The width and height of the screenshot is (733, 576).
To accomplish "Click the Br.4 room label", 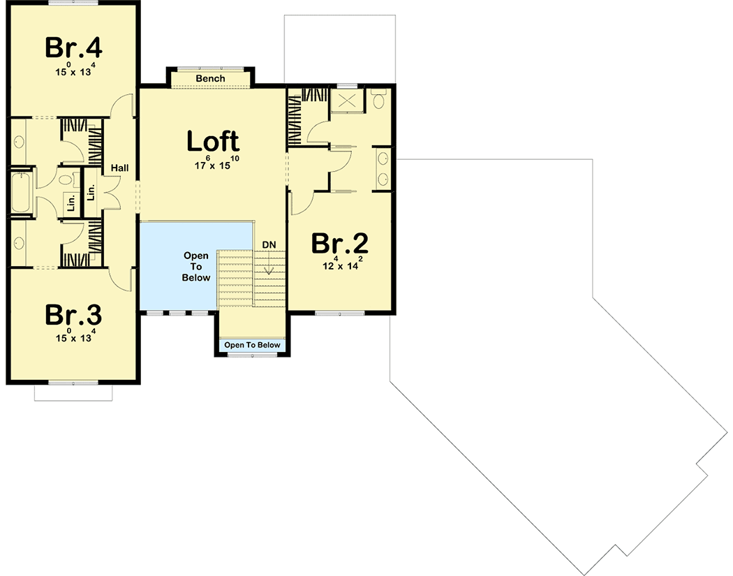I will click(73, 48).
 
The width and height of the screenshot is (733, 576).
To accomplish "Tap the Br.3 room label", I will click(73, 315).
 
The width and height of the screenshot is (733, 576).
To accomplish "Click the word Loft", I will click(212, 142).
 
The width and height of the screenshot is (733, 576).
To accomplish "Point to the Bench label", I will click(210, 79).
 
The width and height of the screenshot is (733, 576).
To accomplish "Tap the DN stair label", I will click(269, 244).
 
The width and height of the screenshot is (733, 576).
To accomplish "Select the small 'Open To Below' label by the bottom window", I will click(252, 345).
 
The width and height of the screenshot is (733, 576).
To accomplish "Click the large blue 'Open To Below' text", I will click(196, 267).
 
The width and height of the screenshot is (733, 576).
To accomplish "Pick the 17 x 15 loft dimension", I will click(212, 165).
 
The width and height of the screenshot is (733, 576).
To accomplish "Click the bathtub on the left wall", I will click(20, 192).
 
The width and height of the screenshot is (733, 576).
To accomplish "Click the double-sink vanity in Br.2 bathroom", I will click(383, 168).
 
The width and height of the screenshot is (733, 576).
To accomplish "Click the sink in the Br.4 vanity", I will click(19, 142).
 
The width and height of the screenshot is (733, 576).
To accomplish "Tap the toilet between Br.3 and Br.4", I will click(67, 182).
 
